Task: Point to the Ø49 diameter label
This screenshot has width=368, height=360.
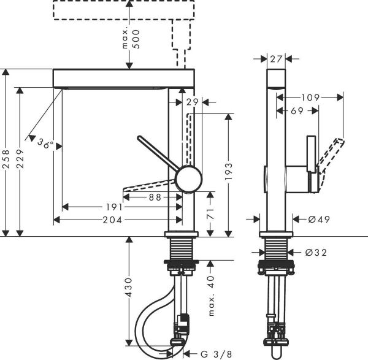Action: pyautogui.click(x=316, y=219)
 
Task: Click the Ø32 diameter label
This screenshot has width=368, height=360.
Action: pyautogui.click(x=316, y=252)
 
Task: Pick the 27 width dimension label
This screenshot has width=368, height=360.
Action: pyautogui.click(x=276, y=59)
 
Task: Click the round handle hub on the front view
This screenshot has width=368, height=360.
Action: pyautogui.click(x=188, y=179)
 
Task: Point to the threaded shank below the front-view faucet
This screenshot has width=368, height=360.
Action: pyautogui.click(x=182, y=250)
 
